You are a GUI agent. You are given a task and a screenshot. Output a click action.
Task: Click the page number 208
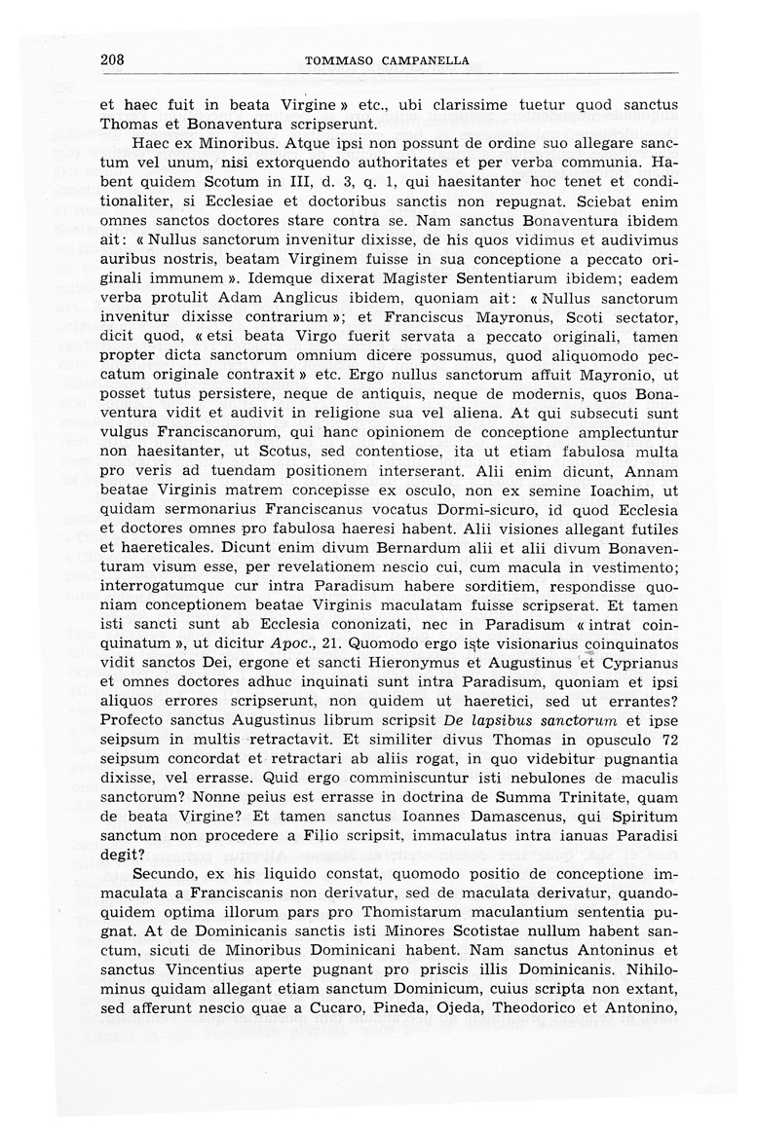click(114, 60)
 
